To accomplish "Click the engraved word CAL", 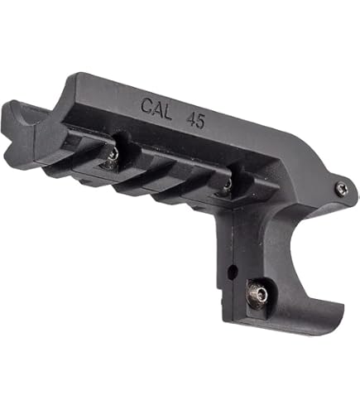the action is [x=156, y=109].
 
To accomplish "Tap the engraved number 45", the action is [x=196, y=121].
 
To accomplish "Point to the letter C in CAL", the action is [x=146, y=106].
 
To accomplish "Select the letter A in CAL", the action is [x=156, y=109].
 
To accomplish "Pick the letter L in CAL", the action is [x=167, y=113].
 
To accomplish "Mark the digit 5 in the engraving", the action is [x=201, y=122].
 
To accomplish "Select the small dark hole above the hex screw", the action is [x=233, y=271].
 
